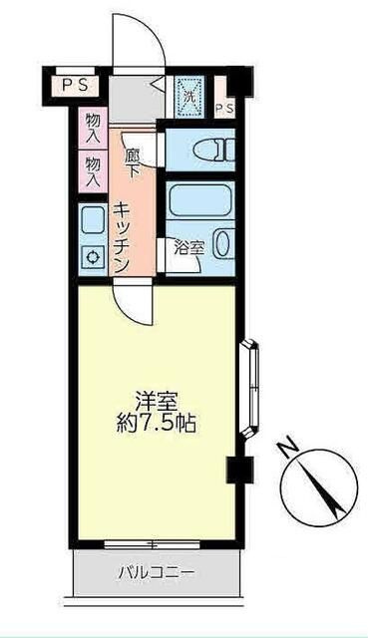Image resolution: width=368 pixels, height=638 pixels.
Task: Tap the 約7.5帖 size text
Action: pyautogui.click(x=157, y=425)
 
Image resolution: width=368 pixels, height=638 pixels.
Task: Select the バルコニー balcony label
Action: pyautogui.click(x=157, y=574)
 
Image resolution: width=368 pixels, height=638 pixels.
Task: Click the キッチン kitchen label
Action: pyautogui.click(x=122, y=237)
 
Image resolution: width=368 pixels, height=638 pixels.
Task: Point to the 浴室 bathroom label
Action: pyautogui.click(x=188, y=248)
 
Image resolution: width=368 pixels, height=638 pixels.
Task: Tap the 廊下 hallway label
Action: pyautogui.click(x=132, y=162)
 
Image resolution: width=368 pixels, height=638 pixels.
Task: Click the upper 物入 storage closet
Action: pyautogui.click(x=93, y=128)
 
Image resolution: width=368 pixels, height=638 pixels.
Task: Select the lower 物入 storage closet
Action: pyautogui.click(x=93, y=170)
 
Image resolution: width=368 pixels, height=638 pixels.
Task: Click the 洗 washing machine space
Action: pyautogui.click(x=189, y=97)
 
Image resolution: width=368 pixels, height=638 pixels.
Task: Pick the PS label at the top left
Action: pyautogui.click(x=75, y=86)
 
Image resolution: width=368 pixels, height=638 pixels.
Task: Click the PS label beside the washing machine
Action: pyautogui.click(x=224, y=109)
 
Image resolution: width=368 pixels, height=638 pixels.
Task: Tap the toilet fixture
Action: pyautogui.click(x=214, y=150)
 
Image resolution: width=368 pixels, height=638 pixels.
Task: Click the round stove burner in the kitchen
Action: pyautogui.click(x=93, y=257)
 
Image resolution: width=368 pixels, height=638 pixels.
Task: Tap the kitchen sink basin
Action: pyautogui.click(x=93, y=220)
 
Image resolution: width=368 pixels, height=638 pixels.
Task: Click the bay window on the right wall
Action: pyautogui.click(x=249, y=389)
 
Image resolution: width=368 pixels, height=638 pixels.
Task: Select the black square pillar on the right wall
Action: pyautogui.click(x=239, y=470)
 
